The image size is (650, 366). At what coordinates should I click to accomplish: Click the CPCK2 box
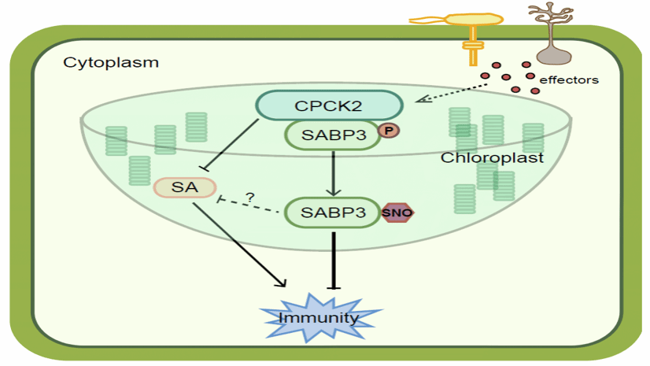(329, 105)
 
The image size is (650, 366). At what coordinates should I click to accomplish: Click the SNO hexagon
(397, 213)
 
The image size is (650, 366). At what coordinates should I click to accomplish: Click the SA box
(185, 187)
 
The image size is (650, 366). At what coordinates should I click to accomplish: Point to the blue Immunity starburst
(321, 317)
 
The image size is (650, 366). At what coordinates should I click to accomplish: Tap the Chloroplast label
(492, 157)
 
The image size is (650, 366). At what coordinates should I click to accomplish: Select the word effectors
(568, 79)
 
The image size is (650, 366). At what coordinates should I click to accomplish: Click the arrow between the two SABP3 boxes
(334, 173)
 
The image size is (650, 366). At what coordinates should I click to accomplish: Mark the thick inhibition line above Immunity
(336, 260)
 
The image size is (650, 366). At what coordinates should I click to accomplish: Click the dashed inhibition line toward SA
(252, 207)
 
